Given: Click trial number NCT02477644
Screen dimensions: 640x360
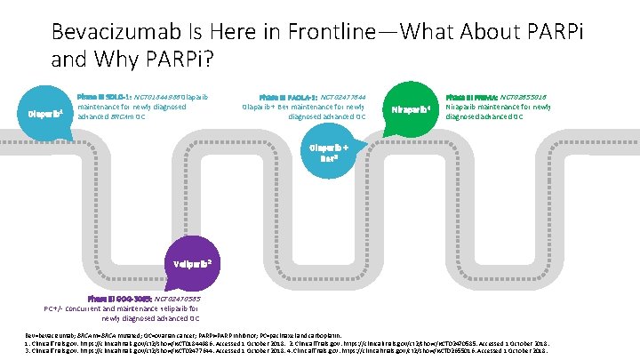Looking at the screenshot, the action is coord(342,96).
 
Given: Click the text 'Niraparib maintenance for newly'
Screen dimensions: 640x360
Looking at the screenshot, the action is coord(499,107).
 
